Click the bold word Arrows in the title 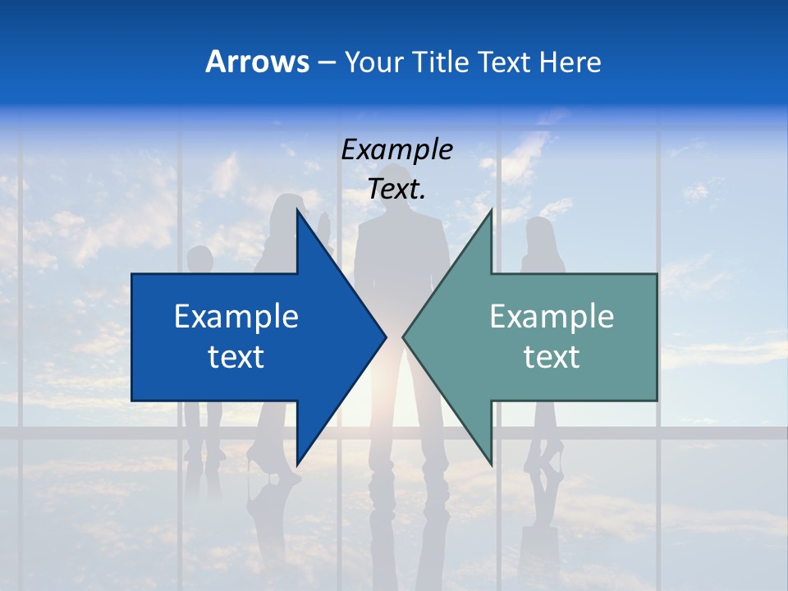pyautogui.click(x=258, y=62)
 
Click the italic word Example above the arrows pyautogui.click(x=396, y=149)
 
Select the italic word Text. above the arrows pyautogui.click(x=396, y=189)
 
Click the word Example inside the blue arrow pyautogui.click(x=236, y=316)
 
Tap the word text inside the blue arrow pyautogui.click(x=236, y=356)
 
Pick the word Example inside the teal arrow pyautogui.click(x=552, y=316)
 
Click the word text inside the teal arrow pyautogui.click(x=552, y=356)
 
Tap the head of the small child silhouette pyautogui.click(x=199, y=259)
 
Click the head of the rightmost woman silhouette pyautogui.click(x=538, y=233)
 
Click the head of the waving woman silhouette pyautogui.click(x=290, y=210)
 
